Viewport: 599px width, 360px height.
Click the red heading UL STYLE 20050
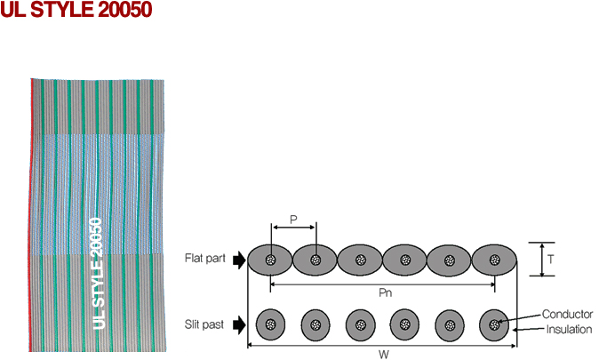tap(76, 10)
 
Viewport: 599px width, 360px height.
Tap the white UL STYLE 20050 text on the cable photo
tap(98, 273)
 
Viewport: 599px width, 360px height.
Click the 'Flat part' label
tap(205, 259)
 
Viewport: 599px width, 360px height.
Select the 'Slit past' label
tap(204, 324)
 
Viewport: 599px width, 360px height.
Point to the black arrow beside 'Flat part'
tap(240, 260)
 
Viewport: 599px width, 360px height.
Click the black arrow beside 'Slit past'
tap(240, 325)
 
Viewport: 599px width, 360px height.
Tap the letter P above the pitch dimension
tap(293, 220)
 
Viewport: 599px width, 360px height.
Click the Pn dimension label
tap(385, 292)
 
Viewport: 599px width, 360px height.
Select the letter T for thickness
tap(550, 260)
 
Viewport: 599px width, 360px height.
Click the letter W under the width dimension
tap(384, 355)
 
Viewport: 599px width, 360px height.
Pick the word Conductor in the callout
tap(567, 314)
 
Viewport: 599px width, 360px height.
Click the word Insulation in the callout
tap(569, 329)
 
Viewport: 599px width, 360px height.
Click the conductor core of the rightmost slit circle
tap(494, 324)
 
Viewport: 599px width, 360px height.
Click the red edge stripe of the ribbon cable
tap(30, 214)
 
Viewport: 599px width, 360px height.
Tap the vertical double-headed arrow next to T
tap(542, 260)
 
